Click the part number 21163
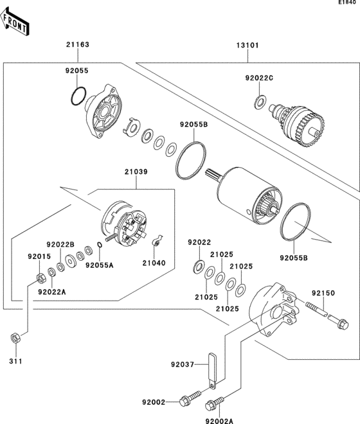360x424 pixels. [76, 45]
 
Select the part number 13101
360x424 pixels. [246, 45]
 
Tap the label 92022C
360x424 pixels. [259, 78]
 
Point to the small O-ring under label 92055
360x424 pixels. [78, 96]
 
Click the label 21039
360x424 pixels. [136, 172]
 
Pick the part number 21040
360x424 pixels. [154, 263]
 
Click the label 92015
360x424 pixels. [38, 257]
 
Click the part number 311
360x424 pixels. [15, 361]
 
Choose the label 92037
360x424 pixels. [182, 365]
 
